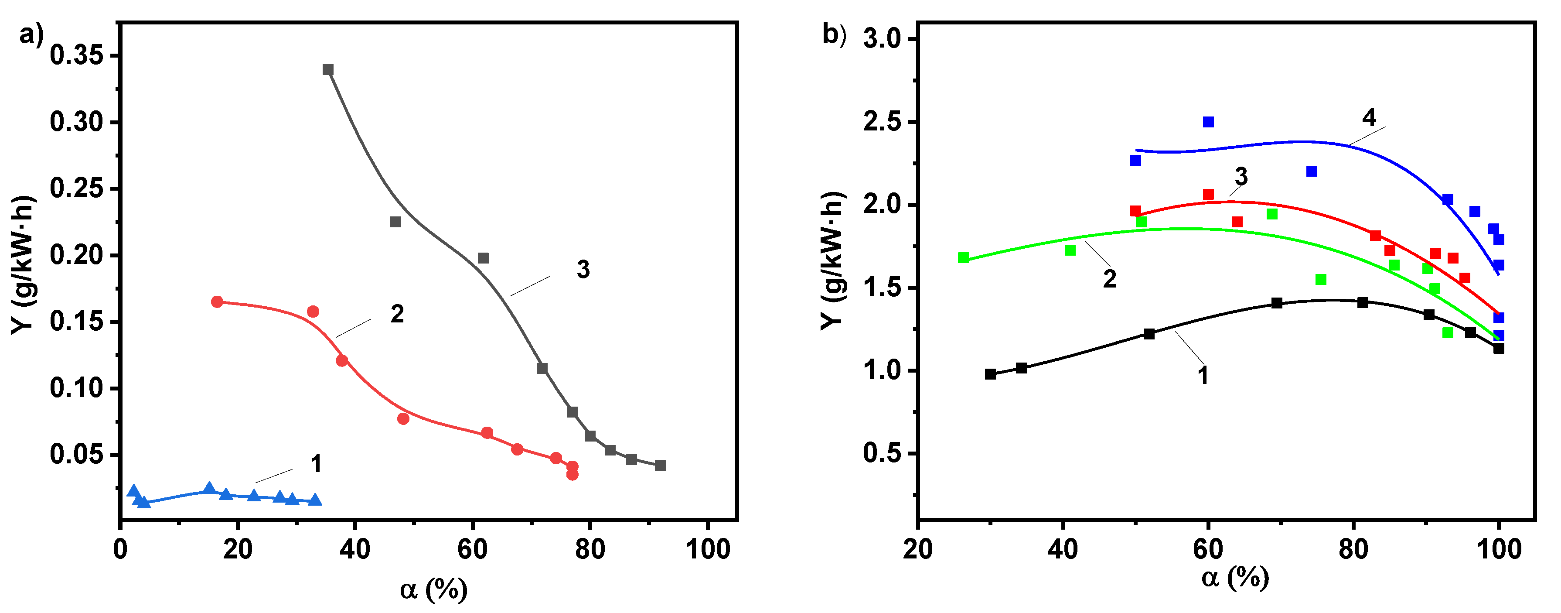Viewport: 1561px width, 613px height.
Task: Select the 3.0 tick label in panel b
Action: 882,39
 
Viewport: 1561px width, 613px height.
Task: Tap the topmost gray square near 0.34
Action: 328,70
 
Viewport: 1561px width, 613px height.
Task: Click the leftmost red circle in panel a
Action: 217,302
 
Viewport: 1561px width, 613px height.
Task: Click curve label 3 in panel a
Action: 583,270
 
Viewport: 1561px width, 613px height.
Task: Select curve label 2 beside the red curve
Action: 397,314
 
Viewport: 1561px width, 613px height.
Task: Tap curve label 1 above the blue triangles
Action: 316,464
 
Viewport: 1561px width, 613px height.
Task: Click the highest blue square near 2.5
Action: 1208,122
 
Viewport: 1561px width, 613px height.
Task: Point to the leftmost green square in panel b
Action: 964,258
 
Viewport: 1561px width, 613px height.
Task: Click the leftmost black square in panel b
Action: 990,374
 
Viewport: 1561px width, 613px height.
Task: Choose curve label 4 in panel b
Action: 1369,118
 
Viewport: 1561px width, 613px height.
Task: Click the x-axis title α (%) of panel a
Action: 433,589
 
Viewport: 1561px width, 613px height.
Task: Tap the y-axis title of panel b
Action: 833,261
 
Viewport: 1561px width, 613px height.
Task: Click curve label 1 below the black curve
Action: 1203,375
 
